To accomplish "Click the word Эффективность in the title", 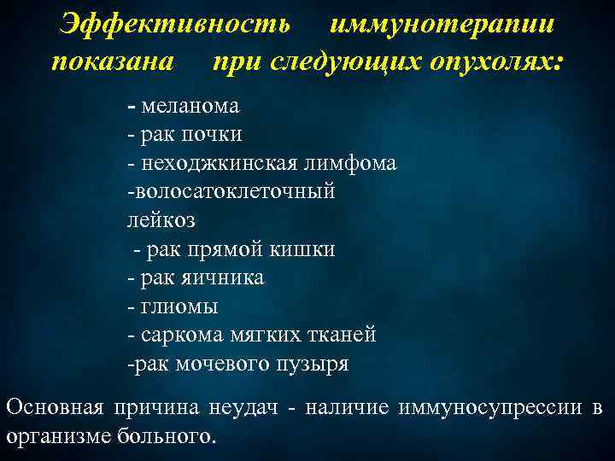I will (174, 24).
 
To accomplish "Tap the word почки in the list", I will (211, 134).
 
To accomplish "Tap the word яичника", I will (225, 277).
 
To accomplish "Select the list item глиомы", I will (179, 306).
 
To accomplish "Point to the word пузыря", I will (315, 364).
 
